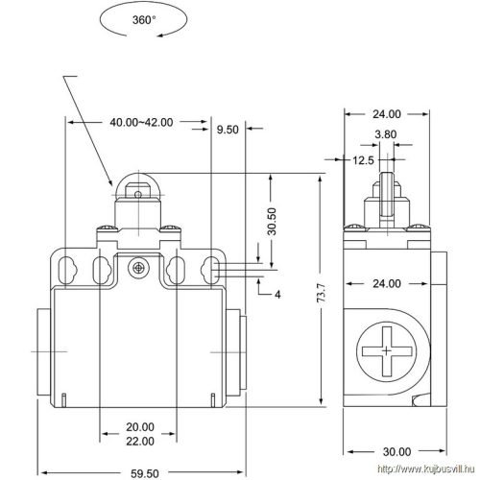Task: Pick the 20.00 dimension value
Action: [x=140, y=426]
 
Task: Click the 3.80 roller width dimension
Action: [x=385, y=135]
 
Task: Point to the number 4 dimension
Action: [x=276, y=294]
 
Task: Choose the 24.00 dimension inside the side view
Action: [x=385, y=284]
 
